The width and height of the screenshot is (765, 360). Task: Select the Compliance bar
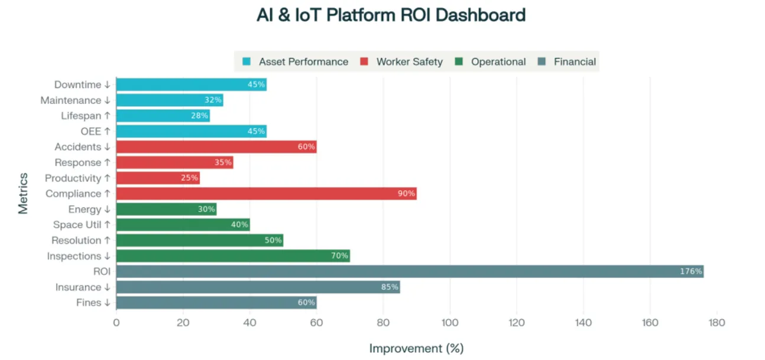coord(266,193)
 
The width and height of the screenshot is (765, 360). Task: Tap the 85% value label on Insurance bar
coord(389,287)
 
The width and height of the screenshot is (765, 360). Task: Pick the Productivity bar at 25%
coord(158,178)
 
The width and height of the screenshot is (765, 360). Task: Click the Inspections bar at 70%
coord(233,256)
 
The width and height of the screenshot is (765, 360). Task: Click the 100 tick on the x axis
coord(450,323)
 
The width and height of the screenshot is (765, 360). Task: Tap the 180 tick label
coord(717,323)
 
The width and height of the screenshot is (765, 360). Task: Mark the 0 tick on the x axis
coord(116,323)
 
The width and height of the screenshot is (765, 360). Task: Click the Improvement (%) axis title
coord(416,348)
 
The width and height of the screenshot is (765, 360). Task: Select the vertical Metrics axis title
coord(23,193)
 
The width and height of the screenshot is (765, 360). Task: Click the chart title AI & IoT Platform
coord(391,15)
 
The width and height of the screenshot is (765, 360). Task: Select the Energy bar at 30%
coord(166,209)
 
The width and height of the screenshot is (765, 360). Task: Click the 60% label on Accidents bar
coord(306,147)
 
